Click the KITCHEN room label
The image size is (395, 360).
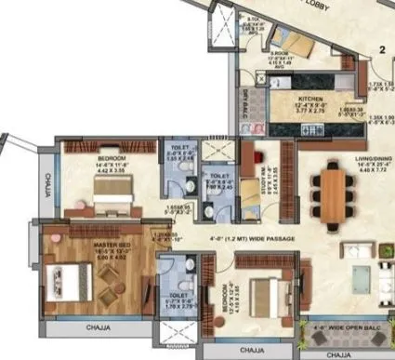click(x=309, y=96)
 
